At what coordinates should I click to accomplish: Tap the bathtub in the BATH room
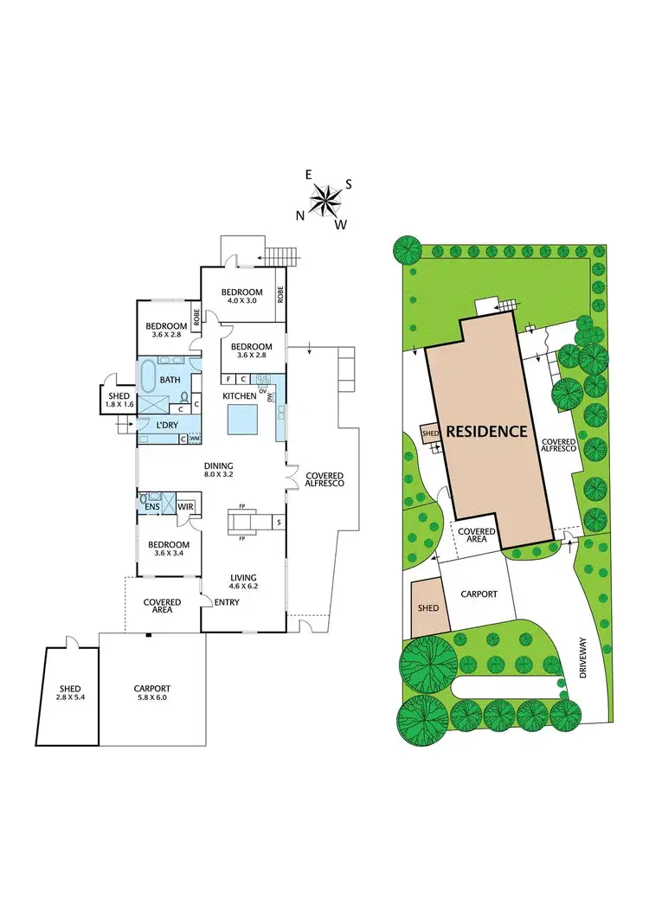(x=149, y=378)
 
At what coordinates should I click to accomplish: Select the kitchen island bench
(x=242, y=420)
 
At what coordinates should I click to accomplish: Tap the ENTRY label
(x=228, y=602)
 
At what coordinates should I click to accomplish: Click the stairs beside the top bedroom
(x=281, y=256)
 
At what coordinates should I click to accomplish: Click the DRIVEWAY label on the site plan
(x=588, y=658)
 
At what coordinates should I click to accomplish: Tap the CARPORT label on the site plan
(x=478, y=594)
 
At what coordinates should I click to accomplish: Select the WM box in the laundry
(x=194, y=439)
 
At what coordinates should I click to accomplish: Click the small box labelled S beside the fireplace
(x=279, y=523)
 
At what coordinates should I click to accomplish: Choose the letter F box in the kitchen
(x=228, y=379)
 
